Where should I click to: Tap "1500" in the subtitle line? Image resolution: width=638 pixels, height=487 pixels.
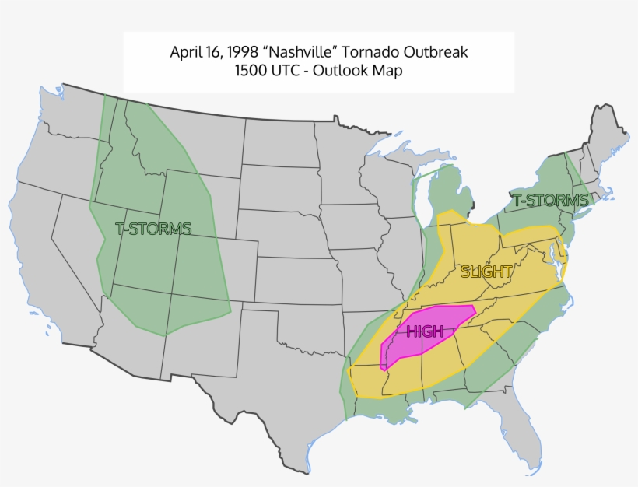(x=252, y=71)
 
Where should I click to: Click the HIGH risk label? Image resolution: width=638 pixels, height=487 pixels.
(x=425, y=332)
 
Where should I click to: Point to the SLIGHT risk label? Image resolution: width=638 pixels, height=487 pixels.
(x=486, y=272)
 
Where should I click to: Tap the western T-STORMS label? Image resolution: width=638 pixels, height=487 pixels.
(x=153, y=229)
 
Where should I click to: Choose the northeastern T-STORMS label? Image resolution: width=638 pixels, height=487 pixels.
(x=550, y=201)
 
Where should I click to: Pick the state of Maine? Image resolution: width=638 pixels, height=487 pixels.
(x=610, y=136)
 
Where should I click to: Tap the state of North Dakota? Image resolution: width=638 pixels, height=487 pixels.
(x=280, y=144)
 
